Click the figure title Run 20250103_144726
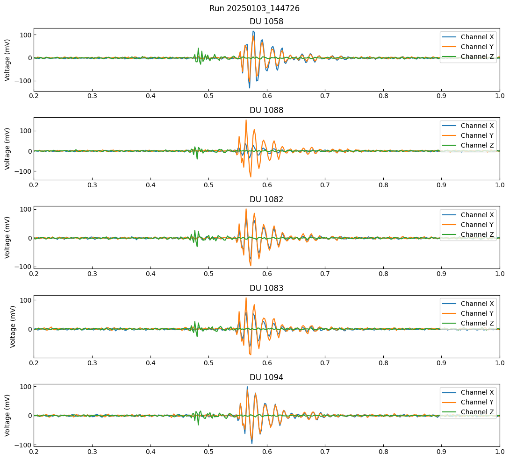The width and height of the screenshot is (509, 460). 254,8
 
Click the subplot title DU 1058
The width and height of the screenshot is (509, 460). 266,21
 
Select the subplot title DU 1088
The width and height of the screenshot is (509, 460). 266,110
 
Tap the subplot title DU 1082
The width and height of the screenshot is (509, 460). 266,199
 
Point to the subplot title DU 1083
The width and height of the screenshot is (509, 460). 266,288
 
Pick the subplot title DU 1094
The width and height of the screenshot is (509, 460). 266,377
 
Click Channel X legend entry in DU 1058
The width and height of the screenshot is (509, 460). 477,37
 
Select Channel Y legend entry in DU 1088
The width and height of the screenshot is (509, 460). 477,135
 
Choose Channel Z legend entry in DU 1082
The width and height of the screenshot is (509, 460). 477,234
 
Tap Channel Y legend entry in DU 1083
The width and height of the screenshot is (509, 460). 477,313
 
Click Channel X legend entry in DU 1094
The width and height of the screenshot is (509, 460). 477,392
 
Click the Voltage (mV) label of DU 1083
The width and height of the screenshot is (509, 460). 13,326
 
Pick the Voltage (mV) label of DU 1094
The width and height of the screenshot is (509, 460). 8,415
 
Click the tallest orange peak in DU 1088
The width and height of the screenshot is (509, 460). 246,120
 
